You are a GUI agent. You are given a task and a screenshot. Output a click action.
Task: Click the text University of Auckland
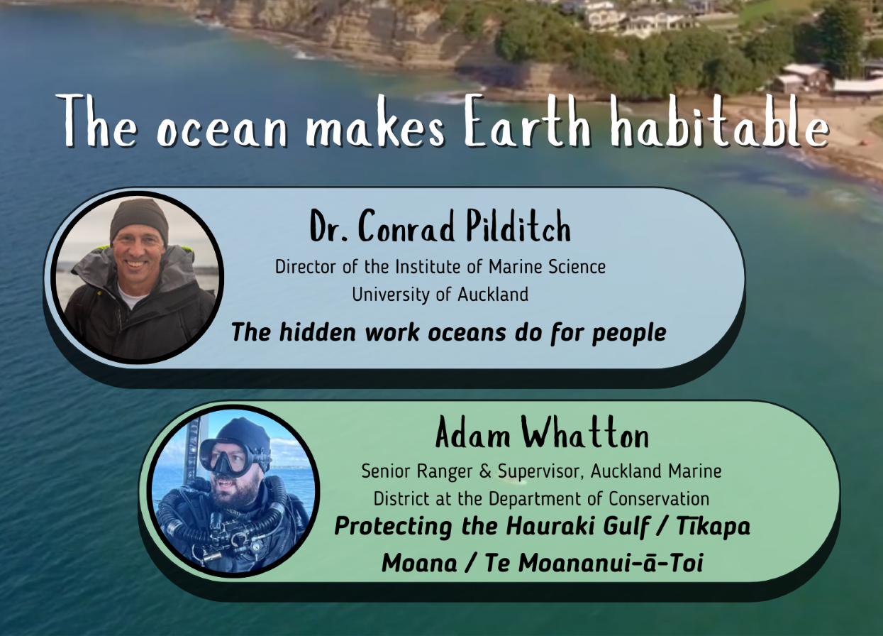click(440, 295)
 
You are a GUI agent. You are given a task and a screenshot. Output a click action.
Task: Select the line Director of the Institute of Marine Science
click(440, 267)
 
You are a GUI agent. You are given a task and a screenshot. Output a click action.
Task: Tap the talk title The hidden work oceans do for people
click(449, 332)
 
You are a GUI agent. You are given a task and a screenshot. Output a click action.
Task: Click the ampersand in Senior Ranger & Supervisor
click(485, 471)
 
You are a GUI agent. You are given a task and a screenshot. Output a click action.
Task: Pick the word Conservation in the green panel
click(659, 499)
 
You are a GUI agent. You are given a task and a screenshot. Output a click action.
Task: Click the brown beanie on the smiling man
click(139, 219)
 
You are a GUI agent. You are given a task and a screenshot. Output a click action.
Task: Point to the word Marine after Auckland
click(694, 471)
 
